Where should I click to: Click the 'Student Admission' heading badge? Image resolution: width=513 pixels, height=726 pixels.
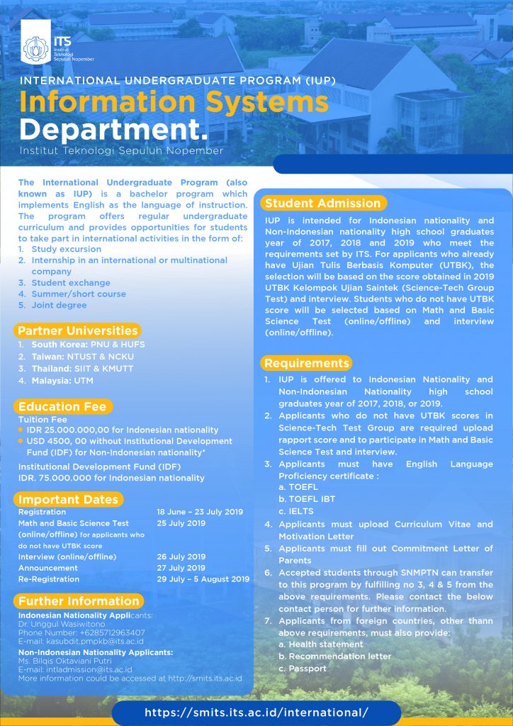coord(323,203)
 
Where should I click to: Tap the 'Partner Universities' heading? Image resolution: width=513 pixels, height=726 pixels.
coord(78,331)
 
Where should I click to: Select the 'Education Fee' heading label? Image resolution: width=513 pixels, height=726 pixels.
coord(62,406)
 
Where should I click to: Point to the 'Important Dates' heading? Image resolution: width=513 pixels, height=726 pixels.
coord(68,499)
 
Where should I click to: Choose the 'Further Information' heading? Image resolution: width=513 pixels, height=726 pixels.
coord(79,601)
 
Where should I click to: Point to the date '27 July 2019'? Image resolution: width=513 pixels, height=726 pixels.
coord(181,568)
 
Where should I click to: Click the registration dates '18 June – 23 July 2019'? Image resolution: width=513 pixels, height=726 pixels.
coord(200,512)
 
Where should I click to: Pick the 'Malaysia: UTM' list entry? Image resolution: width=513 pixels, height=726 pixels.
coord(62,381)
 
